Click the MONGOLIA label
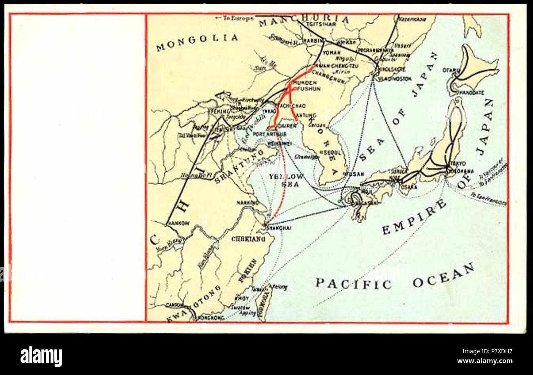[x=197, y=41]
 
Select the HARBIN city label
[x=313, y=41]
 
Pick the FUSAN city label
[x=355, y=174]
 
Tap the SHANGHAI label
[x=279, y=228]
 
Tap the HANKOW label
[x=178, y=223]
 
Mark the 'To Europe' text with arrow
[x=235, y=18]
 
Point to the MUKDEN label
[x=305, y=82]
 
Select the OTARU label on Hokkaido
[x=451, y=70]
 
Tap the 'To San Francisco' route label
[x=489, y=198]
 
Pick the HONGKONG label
[x=211, y=318]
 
